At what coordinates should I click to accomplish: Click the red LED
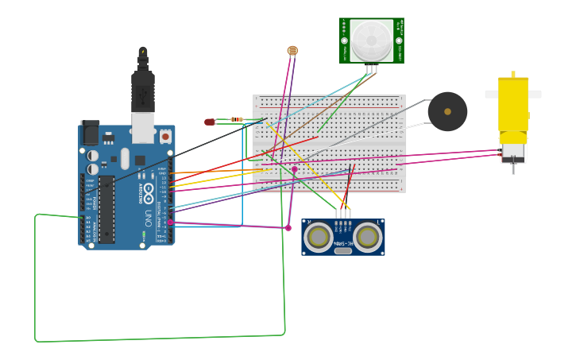[210, 122]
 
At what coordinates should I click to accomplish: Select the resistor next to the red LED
[237, 119]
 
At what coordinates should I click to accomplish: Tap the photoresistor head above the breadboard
[292, 51]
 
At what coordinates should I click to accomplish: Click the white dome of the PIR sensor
[371, 40]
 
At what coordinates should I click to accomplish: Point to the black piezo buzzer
[447, 111]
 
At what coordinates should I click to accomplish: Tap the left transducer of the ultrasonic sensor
[319, 237]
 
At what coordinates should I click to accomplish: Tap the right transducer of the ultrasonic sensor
[368, 237]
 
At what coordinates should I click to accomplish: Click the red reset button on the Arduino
[165, 136]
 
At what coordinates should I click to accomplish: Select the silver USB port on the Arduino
[143, 127]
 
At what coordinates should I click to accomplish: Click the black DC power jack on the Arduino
[90, 132]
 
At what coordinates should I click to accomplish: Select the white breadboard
[329, 143]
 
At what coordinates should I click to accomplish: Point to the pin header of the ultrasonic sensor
[343, 215]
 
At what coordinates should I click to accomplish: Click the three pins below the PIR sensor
[371, 69]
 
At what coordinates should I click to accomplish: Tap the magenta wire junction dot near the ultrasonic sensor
[288, 228]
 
